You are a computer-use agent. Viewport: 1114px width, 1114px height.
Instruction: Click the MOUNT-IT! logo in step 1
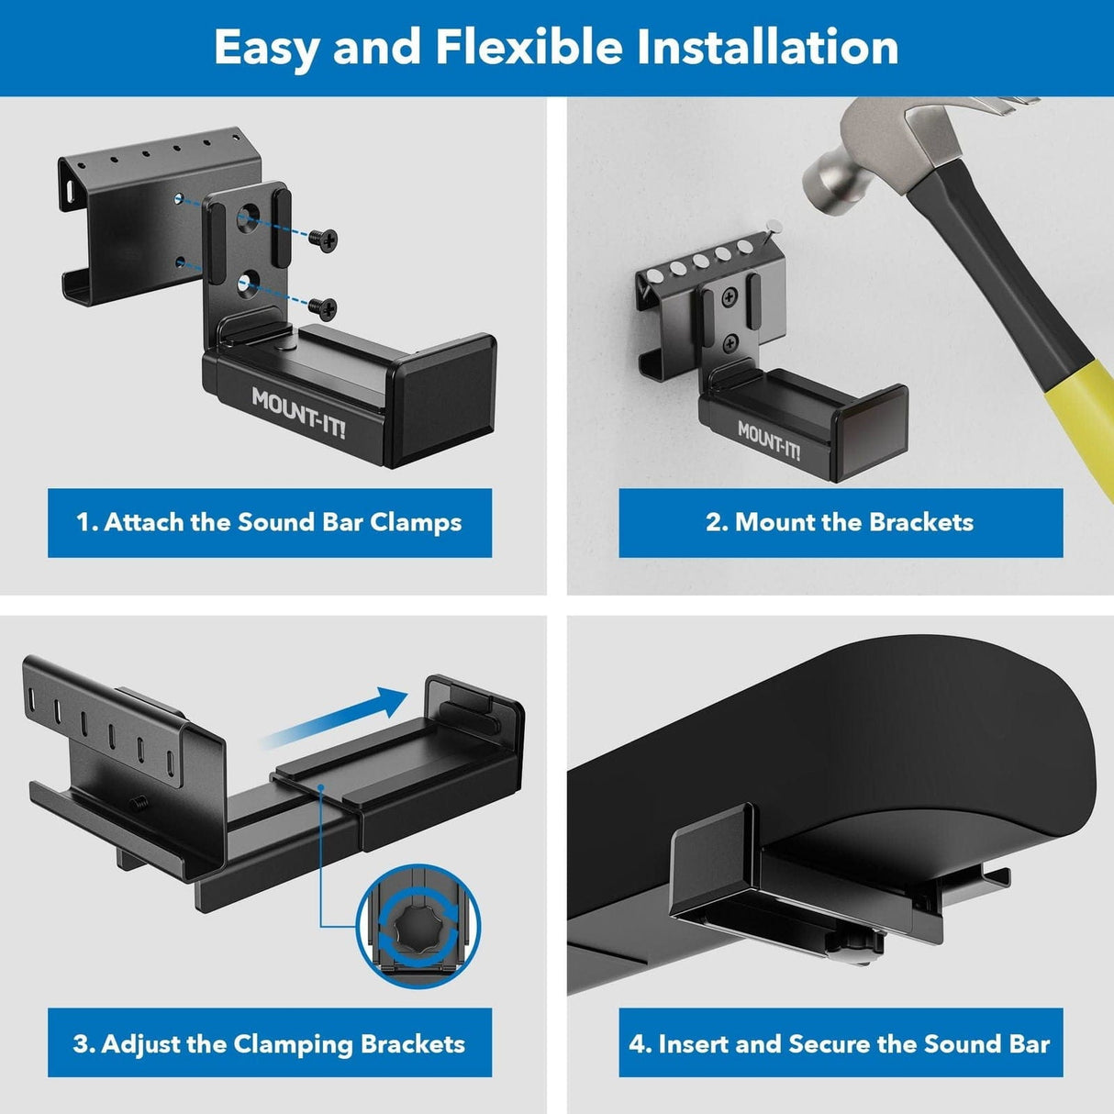pos(298,413)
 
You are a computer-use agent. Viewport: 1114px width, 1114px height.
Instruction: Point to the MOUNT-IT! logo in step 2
pos(769,441)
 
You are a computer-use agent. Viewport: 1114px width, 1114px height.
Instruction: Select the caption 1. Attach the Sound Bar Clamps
pos(269,522)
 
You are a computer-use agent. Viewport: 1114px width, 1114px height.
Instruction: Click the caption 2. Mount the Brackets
pos(840,522)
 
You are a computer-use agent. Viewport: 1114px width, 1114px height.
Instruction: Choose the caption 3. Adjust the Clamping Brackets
pos(269,1043)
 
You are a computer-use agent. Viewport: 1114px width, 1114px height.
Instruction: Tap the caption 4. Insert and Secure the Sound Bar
pos(840,1043)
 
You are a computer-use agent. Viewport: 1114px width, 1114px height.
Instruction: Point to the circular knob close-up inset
pos(418,931)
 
